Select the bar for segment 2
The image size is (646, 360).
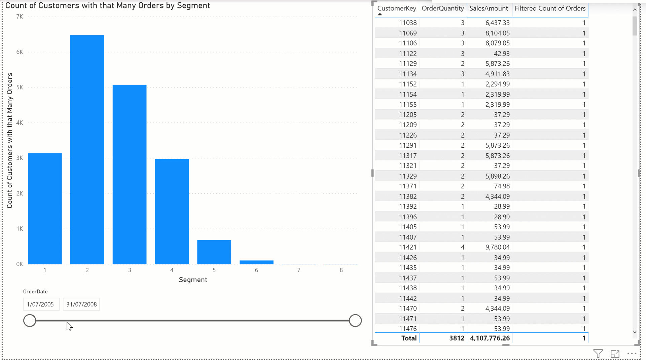pos(87,150)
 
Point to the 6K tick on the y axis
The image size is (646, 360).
pos(20,52)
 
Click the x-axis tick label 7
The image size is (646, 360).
pos(299,270)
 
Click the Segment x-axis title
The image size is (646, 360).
pos(193,280)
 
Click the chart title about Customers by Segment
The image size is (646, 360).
pos(108,6)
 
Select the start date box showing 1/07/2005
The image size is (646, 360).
pos(41,304)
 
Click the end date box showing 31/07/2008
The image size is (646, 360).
pos(81,304)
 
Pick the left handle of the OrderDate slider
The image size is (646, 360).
pos(30,321)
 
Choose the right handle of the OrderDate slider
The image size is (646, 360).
pos(355,321)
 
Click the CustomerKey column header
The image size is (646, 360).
pos(397,8)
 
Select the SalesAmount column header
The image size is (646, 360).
pos(489,8)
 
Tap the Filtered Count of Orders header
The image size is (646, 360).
pos(550,8)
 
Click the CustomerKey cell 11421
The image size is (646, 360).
pos(408,247)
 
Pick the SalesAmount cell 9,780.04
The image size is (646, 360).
pos(497,247)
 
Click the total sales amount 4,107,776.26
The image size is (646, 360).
pos(490,338)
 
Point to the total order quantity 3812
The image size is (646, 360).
pos(457,338)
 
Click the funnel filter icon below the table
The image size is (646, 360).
pos(598,354)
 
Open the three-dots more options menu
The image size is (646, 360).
pos(632,354)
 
